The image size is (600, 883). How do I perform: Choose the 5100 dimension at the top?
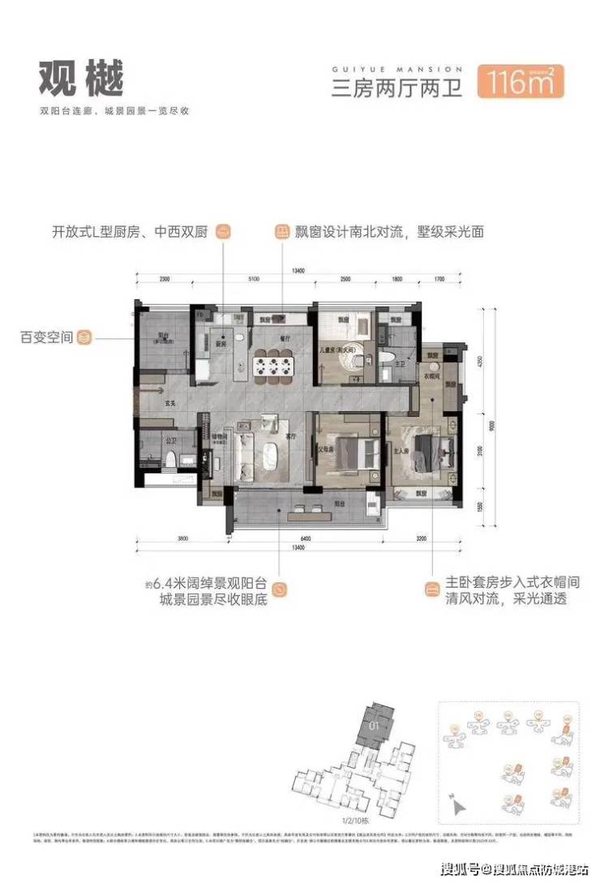(253, 279)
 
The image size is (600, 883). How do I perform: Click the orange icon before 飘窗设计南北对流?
(281, 231)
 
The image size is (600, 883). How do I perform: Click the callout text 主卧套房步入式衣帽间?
(505, 583)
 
